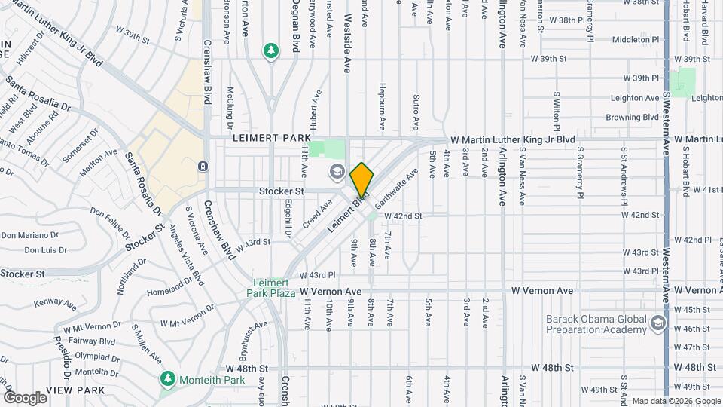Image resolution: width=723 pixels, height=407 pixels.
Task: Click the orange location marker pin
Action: coord(361,179)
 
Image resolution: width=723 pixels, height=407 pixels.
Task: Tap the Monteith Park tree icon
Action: coord(167,378)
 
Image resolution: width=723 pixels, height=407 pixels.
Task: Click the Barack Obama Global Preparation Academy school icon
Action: coord(659,324)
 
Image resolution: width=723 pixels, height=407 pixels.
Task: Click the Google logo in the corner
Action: coord(25,397)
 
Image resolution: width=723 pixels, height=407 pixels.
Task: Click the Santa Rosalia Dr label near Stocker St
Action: coord(143,181)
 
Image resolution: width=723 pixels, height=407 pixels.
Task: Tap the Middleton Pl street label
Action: coord(636,39)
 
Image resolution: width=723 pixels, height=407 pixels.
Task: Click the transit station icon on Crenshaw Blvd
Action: coord(203,166)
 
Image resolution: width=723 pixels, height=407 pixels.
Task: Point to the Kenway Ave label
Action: coord(56,305)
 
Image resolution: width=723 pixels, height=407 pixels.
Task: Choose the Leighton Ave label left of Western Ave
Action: coord(636,98)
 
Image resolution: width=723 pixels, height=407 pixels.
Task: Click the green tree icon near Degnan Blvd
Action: coord(270,50)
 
